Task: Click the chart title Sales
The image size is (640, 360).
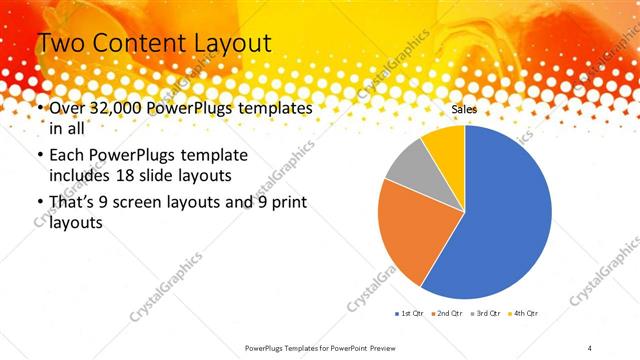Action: coord(464,109)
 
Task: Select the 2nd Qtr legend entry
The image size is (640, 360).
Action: coord(447,314)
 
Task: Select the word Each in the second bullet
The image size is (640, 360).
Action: coord(66,158)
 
